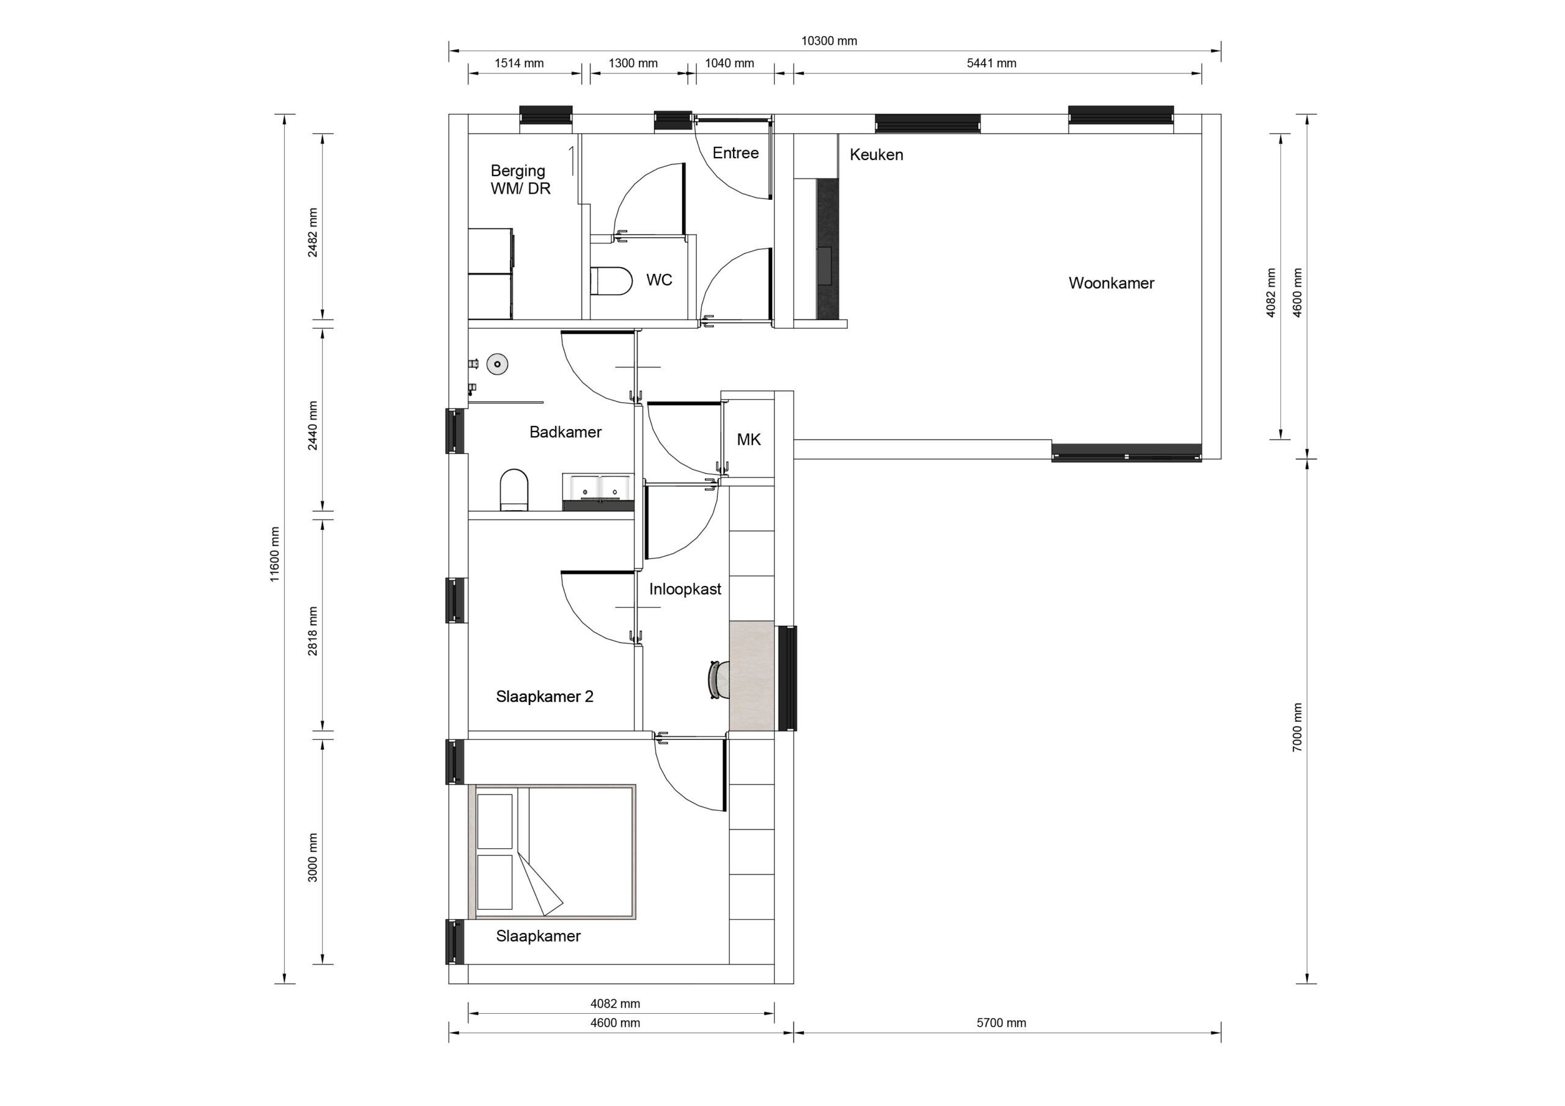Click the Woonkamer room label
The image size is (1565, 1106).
click(1111, 283)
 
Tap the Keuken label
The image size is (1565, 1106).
click(876, 155)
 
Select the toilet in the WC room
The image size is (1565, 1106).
click(611, 280)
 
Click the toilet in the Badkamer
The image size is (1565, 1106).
click(514, 489)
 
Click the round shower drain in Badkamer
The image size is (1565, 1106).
click(498, 364)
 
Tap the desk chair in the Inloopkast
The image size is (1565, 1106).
click(718, 679)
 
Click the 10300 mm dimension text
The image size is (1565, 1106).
click(828, 41)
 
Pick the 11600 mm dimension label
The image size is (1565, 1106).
click(274, 554)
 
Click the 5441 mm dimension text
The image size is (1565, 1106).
click(991, 64)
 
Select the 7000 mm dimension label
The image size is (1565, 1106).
click(1297, 727)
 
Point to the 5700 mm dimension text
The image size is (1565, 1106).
click(1001, 1023)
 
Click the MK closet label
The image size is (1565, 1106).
click(748, 439)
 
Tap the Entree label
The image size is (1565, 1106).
click(735, 153)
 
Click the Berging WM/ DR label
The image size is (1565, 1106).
click(520, 179)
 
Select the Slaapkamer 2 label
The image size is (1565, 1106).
click(544, 697)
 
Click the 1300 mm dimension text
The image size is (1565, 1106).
click(633, 64)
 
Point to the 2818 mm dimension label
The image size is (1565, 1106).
click(313, 631)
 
